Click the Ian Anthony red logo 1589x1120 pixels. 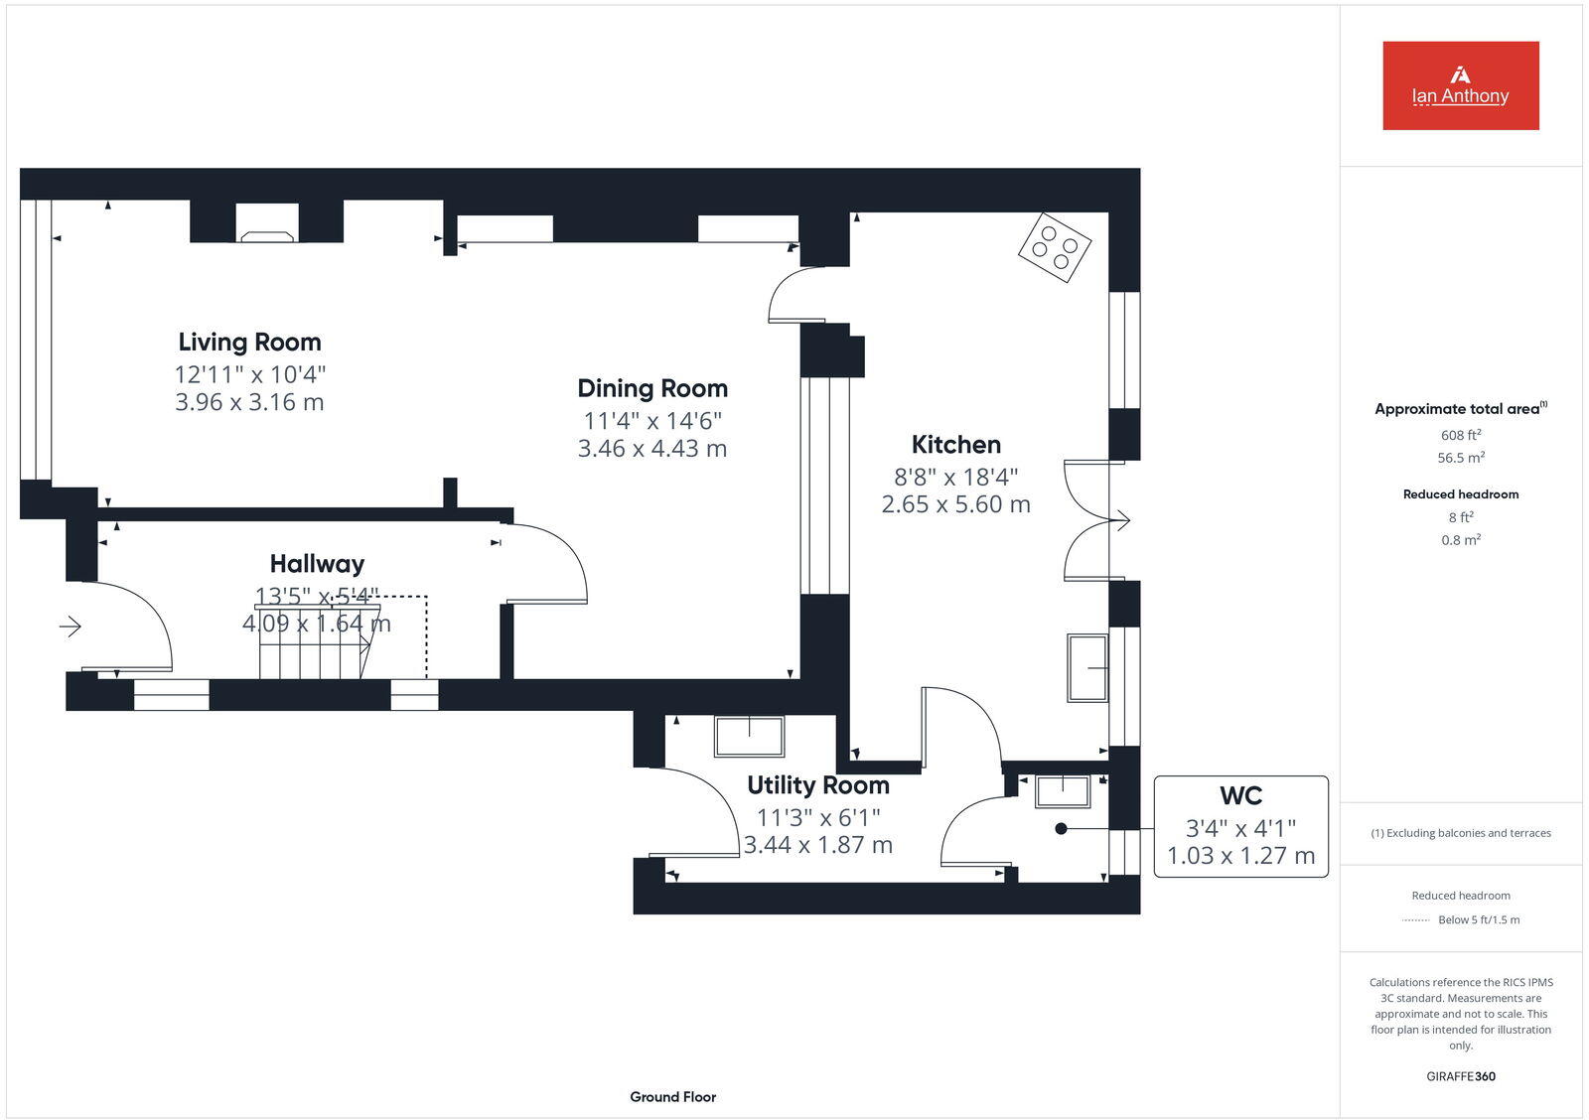(1460, 85)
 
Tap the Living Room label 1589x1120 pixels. (249, 343)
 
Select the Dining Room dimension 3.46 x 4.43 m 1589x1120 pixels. (652, 449)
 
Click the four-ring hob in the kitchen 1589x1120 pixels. (1055, 247)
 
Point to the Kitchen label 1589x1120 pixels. (955, 445)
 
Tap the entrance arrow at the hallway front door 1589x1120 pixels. (70, 627)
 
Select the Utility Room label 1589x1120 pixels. (817, 785)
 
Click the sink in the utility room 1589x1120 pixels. (749, 737)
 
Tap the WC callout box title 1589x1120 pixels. (1240, 796)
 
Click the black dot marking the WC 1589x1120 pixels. (1061, 828)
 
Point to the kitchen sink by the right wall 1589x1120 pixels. (1087, 667)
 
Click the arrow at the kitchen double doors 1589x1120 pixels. (1122, 520)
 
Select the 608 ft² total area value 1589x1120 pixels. (1460, 435)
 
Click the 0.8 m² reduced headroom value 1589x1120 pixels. (1460, 540)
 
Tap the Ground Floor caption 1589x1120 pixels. (672, 1097)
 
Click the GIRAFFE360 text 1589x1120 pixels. (1460, 1076)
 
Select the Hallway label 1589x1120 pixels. (317, 564)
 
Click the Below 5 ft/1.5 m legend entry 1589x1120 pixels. (1478, 920)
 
